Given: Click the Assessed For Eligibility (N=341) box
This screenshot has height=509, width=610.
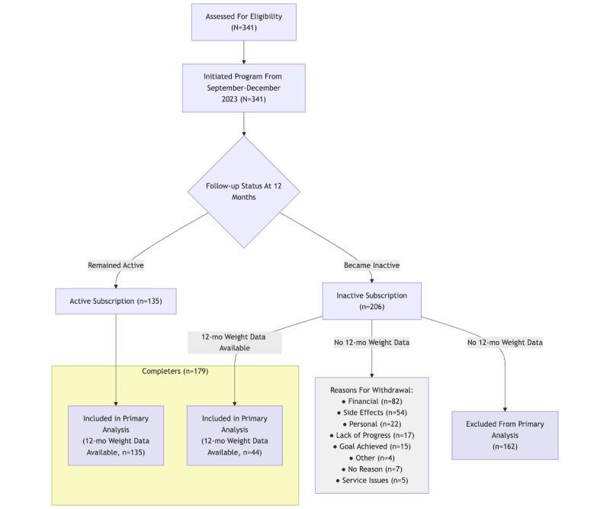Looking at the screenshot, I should (243, 22).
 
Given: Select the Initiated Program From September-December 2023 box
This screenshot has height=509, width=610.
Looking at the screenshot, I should (243, 88).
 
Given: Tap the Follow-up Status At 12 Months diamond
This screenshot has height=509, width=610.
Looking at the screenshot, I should (243, 192).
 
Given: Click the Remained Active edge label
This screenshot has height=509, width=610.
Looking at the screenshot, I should (116, 266).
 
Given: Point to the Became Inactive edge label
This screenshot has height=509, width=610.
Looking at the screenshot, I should (371, 266).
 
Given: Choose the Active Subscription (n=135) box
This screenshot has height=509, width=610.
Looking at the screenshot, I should (116, 301).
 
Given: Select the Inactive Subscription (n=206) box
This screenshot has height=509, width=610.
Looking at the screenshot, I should (371, 301).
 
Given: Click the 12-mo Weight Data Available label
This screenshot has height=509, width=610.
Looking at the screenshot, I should (235, 342).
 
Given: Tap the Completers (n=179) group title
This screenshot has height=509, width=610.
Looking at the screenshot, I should (175, 372).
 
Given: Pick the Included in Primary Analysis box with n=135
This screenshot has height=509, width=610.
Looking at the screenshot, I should (116, 435).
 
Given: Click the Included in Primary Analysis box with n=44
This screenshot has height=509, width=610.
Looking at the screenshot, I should (235, 435).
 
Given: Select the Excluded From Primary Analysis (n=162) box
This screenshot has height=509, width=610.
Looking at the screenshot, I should (505, 435).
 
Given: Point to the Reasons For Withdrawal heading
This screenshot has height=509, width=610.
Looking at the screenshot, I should (371, 390).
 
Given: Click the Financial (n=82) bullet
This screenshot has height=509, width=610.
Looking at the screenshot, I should (371, 401).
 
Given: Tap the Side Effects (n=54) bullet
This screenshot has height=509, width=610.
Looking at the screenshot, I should (371, 413).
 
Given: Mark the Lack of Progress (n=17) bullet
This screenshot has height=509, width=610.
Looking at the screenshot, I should (371, 435).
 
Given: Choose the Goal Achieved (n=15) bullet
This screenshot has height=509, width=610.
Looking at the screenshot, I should (371, 446).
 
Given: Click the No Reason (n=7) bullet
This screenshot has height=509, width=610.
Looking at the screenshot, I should (371, 469).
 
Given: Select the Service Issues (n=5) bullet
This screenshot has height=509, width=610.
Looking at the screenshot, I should (371, 481).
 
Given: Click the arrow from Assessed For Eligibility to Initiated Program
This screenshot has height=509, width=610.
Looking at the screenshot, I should (243, 52).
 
